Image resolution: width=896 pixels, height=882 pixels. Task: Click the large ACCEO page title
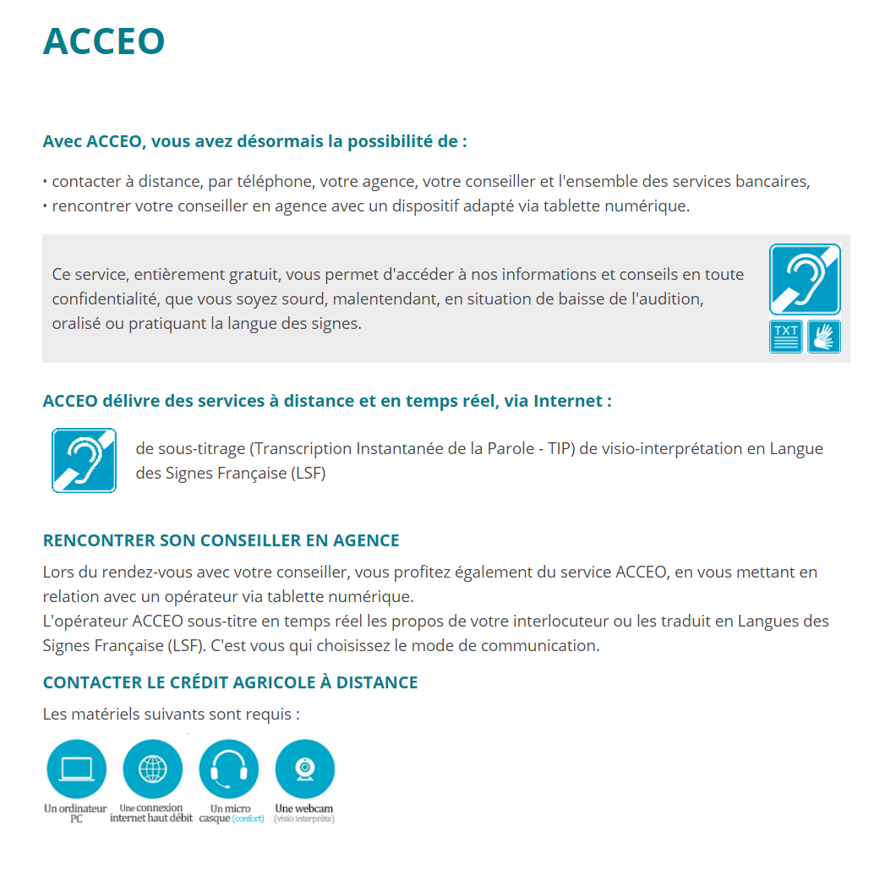coord(103,41)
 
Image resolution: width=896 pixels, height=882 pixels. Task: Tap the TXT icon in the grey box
coord(785,337)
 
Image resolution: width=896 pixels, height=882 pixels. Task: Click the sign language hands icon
coord(823,337)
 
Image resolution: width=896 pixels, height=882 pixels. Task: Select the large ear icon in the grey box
coord(805,279)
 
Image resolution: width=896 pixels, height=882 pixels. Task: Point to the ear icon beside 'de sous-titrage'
coord(84,460)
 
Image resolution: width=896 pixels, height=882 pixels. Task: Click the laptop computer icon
coord(76,770)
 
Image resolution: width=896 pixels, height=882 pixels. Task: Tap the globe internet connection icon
coord(152,770)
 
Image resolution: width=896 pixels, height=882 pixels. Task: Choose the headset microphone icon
coord(228,770)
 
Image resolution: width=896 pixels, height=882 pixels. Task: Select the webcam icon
coord(304,770)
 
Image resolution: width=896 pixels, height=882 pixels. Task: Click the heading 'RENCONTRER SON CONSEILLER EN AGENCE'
coord(221,540)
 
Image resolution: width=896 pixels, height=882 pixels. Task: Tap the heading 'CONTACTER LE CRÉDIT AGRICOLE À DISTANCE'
coord(230,682)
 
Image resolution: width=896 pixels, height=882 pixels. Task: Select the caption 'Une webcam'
coord(304,808)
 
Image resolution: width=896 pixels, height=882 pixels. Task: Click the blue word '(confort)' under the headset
coord(248,819)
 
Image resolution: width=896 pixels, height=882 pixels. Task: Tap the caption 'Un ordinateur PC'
coord(75,814)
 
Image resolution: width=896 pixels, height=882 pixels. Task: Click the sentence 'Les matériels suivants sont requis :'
coord(171,715)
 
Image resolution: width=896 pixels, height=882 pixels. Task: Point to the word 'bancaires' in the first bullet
coord(771,182)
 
